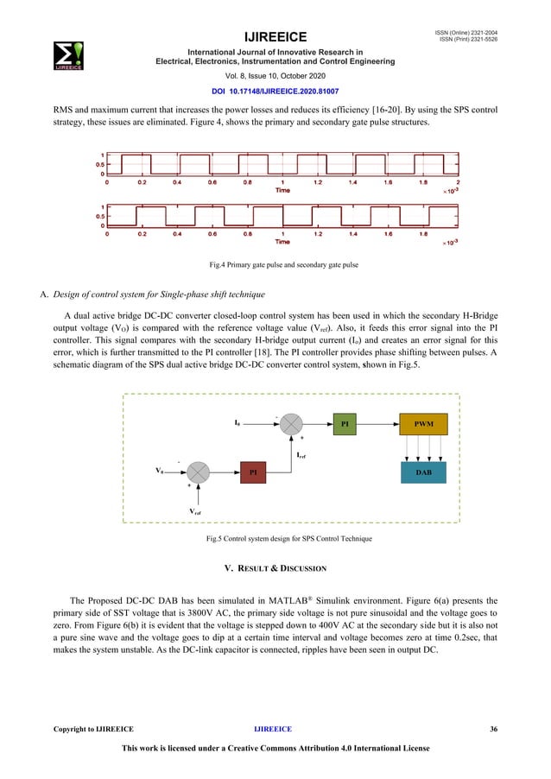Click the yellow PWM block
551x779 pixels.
pos(424,425)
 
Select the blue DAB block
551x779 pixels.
pos(424,472)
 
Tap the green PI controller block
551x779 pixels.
pos(345,425)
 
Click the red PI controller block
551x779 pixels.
pos(253,472)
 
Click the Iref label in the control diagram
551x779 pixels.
pos(303,453)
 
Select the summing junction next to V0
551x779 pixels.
pos(199,472)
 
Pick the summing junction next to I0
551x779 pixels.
pos(293,425)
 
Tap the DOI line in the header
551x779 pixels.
pos(275,90)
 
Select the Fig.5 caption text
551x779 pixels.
pos(275,539)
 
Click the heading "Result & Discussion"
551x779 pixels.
pos(275,568)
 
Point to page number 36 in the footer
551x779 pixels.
pos(493,730)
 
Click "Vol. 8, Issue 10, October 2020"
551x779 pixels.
pos(275,76)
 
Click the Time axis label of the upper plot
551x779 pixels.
pos(282,190)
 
